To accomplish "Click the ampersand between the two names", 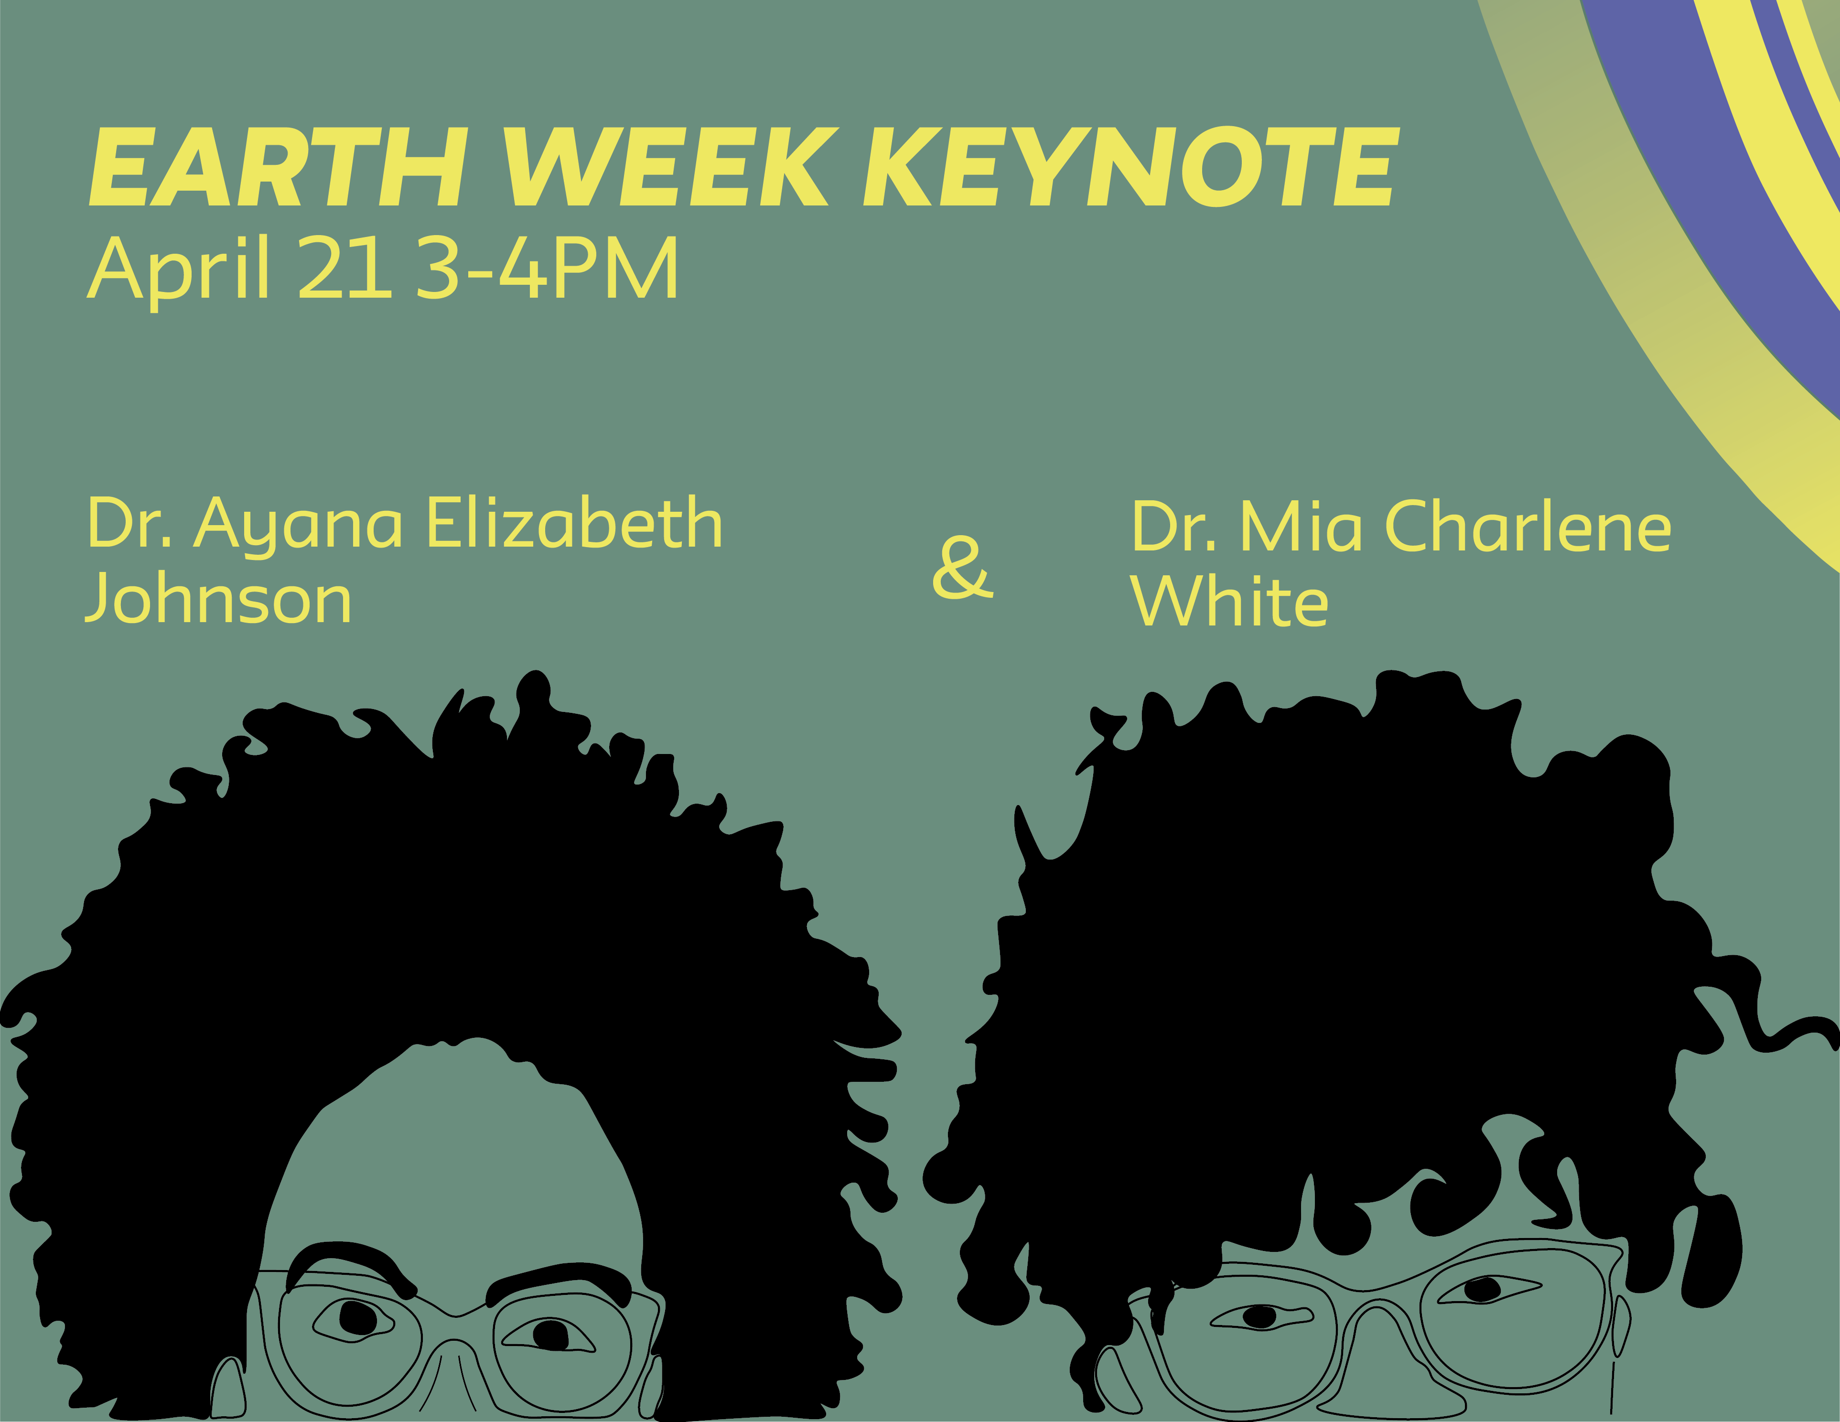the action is (963, 567).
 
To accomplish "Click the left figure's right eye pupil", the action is (551, 1335).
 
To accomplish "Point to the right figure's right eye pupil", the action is (1481, 1289).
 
